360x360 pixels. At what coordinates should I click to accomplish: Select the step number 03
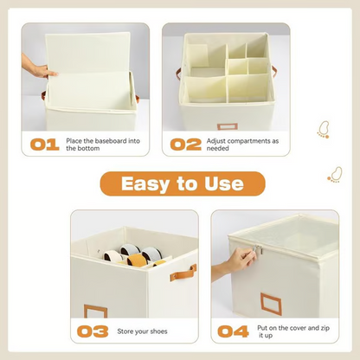tap(93, 331)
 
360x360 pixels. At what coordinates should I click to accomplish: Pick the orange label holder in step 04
tap(273, 303)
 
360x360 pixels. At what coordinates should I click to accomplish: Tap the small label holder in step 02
tap(228, 126)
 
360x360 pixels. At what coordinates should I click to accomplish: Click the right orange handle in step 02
tap(273, 71)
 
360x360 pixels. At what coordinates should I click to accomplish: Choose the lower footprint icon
tap(335, 175)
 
